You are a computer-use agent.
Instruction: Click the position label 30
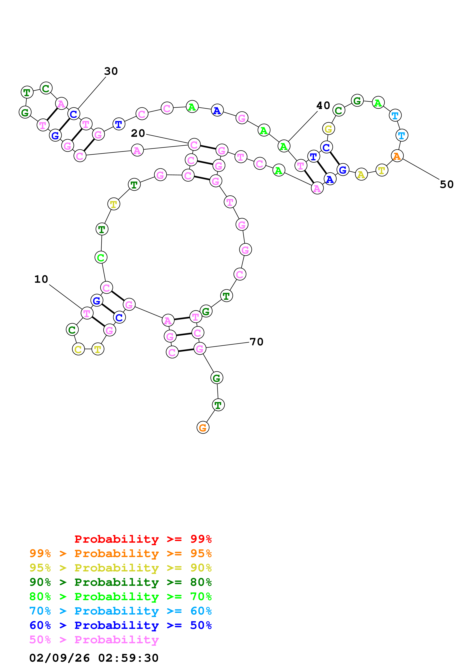coord(111,71)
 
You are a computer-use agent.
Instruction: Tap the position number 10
coord(41,279)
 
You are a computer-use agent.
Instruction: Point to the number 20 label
coord(138,134)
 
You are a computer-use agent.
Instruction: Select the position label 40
coord(323,105)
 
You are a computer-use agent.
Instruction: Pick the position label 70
coord(256,342)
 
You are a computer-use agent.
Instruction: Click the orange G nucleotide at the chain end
coord(203,428)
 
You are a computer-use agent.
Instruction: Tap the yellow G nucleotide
coord(328,129)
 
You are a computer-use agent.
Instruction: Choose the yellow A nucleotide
coord(361,175)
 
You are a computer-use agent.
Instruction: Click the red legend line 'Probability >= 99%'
coord(143,539)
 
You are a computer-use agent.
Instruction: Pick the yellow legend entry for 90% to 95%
coord(120,568)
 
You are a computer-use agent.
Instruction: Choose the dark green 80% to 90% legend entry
coord(120,582)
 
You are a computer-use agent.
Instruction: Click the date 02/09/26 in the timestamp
coord(59,658)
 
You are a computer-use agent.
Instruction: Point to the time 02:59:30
coord(128,658)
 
